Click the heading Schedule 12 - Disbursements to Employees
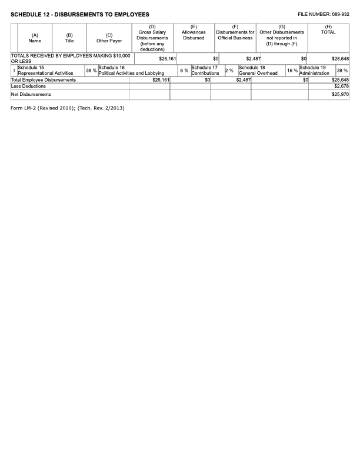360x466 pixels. click(x=80, y=14)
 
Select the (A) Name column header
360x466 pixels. click(x=35, y=38)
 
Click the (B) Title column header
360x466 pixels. click(x=69, y=38)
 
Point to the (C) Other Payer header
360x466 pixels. click(x=109, y=38)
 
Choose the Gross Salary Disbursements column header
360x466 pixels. click(x=152, y=38)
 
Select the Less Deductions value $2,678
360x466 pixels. click(x=341, y=86)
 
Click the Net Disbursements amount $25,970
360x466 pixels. click(x=340, y=94)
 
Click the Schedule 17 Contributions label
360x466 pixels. click(x=205, y=71)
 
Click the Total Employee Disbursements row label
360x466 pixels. click(x=44, y=79)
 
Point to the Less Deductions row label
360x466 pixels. click(x=28, y=86)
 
